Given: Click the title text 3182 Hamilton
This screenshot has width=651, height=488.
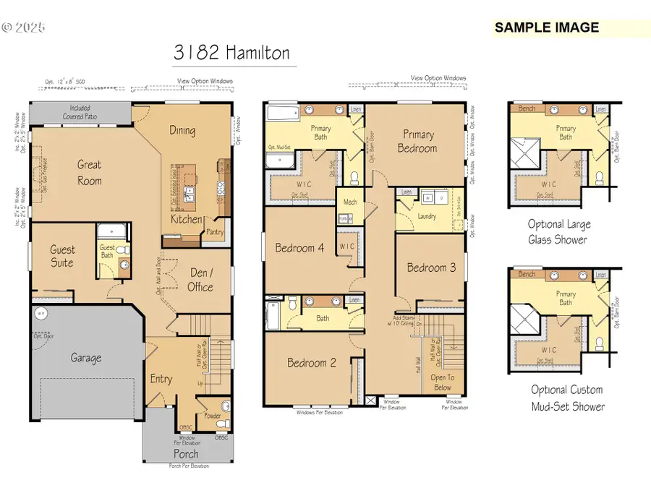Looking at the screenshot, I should click(231, 52).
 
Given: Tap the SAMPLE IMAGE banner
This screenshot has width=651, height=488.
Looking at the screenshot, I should click(547, 27).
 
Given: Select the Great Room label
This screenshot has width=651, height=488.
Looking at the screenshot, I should click(90, 172).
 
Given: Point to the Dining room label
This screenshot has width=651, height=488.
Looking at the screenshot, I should click(182, 130).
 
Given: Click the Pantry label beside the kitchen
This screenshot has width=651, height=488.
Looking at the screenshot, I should click(215, 232).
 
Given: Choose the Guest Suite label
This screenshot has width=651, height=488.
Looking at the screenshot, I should click(62, 256).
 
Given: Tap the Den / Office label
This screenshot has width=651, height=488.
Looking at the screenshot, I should click(200, 279).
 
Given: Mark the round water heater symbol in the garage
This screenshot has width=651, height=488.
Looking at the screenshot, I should click(41, 314).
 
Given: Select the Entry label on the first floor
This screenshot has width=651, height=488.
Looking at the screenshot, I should click(161, 379).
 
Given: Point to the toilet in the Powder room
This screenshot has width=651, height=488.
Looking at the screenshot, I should click(225, 406).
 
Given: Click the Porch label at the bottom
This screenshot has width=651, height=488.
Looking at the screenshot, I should click(185, 454).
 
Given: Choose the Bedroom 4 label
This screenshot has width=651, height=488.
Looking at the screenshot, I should click(299, 248).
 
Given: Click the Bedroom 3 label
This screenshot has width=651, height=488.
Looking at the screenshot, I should click(431, 267).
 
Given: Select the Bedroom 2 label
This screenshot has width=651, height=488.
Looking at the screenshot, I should click(311, 363).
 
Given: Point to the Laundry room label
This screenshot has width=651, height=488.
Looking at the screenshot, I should click(427, 215).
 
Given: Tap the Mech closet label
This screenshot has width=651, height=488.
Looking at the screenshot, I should click(350, 202).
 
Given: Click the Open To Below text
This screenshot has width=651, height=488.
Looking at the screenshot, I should click(443, 382).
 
